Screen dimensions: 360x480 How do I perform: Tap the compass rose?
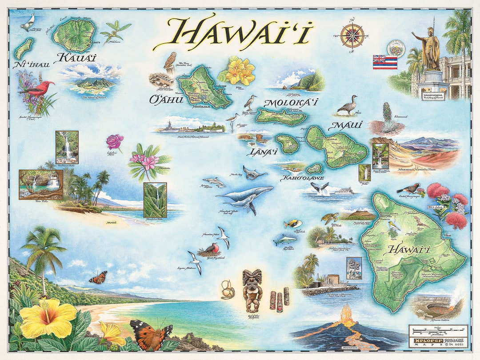tap(352, 35)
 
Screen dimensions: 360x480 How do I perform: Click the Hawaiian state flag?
tap(385, 62)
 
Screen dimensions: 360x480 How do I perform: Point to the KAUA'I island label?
tap(76, 58)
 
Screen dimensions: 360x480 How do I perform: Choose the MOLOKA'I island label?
tap(291, 103)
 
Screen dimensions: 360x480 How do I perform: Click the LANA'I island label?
tap(262, 152)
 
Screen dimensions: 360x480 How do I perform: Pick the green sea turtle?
tap(329, 218)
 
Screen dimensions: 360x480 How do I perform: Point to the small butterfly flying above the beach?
tap(98, 278)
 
